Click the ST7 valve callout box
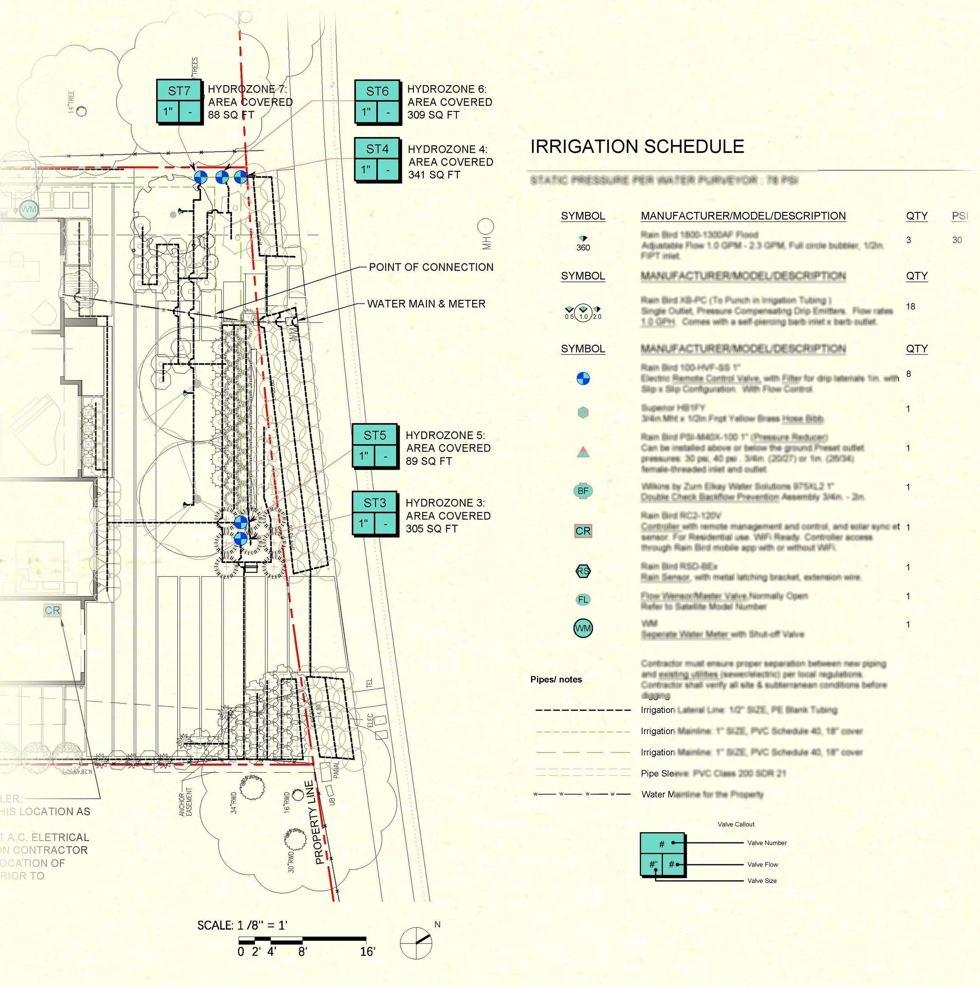(x=180, y=101)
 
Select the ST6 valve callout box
(x=377, y=102)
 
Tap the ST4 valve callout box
(x=377, y=160)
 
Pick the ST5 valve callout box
(x=375, y=446)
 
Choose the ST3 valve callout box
(x=375, y=513)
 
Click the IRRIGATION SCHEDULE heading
(x=637, y=147)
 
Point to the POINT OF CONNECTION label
(x=431, y=267)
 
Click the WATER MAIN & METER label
(x=426, y=304)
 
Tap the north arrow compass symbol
(x=416, y=943)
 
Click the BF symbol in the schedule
(x=583, y=491)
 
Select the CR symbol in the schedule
(x=583, y=531)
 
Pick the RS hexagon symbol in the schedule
(x=583, y=571)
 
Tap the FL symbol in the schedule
(x=583, y=600)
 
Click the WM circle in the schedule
(x=583, y=628)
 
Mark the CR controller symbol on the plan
(x=52, y=610)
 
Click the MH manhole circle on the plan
(x=485, y=226)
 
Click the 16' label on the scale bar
(x=367, y=952)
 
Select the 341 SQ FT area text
(x=434, y=175)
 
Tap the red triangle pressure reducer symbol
(x=583, y=452)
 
